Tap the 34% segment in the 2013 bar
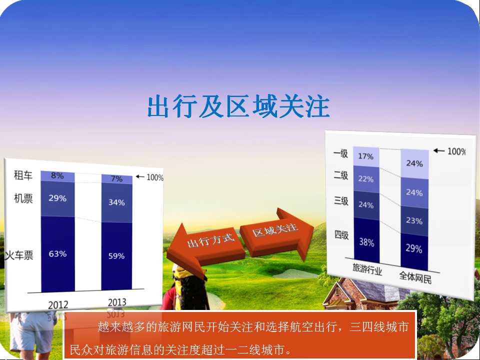[116, 202]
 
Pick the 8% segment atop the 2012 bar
[57, 176]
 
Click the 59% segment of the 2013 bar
[116, 256]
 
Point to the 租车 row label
[23, 175]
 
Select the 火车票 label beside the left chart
[19, 255]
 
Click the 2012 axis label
[58, 305]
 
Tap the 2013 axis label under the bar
[117, 302]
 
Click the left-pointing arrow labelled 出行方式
[205, 244]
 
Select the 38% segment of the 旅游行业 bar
[366, 242]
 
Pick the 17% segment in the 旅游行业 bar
[366, 156]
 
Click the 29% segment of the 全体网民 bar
[414, 248]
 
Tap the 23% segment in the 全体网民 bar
[414, 220]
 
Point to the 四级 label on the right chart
[341, 235]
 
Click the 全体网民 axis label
[415, 277]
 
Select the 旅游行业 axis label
[367, 269]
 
